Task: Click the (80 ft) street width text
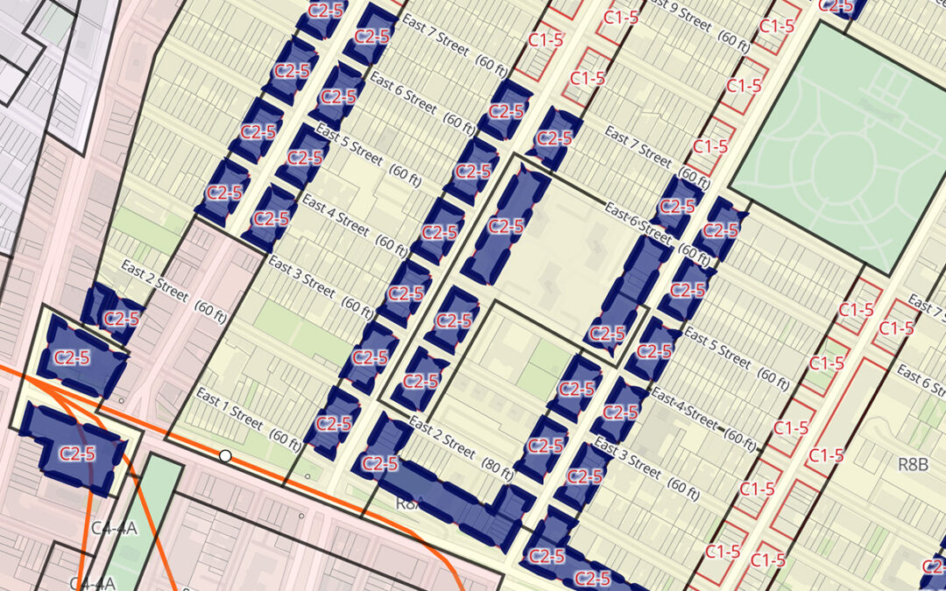pyautogui.click(x=497, y=469)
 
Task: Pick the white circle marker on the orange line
pyautogui.click(x=225, y=455)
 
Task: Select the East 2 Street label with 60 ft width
pyautogui.click(x=154, y=280)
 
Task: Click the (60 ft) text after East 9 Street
pyautogui.click(x=733, y=38)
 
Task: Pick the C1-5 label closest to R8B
pyautogui.click(x=826, y=455)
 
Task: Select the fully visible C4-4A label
pyautogui.click(x=114, y=528)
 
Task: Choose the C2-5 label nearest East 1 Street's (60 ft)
pyautogui.click(x=333, y=423)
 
